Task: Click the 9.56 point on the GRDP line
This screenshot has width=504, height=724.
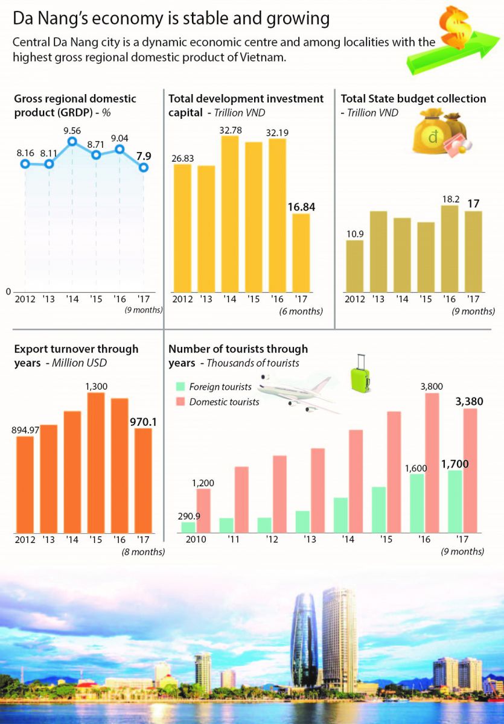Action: tap(72, 142)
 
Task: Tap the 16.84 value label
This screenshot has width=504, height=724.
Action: tap(301, 207)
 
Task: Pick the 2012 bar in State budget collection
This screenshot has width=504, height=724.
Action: tap(355, 266)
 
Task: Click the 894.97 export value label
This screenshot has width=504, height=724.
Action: tap(25, 430)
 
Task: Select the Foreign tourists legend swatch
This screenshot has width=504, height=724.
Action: tap(180, 387)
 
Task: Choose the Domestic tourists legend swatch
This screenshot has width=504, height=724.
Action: tap(180, 402)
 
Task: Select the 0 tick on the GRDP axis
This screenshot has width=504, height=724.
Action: tap(8, 291)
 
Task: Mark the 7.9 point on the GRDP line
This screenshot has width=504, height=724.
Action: tap(144, 167)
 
